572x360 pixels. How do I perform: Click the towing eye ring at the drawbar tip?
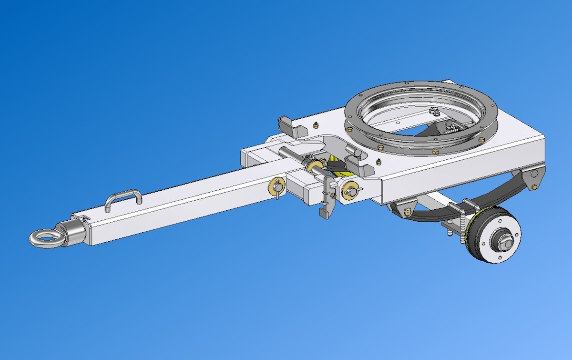[x=43, y=237]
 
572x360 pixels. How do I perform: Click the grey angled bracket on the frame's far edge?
[x=289, y=126]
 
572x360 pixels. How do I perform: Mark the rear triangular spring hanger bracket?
[x=532, y=177]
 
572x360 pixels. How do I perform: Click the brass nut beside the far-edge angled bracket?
[x=316, y=126]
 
